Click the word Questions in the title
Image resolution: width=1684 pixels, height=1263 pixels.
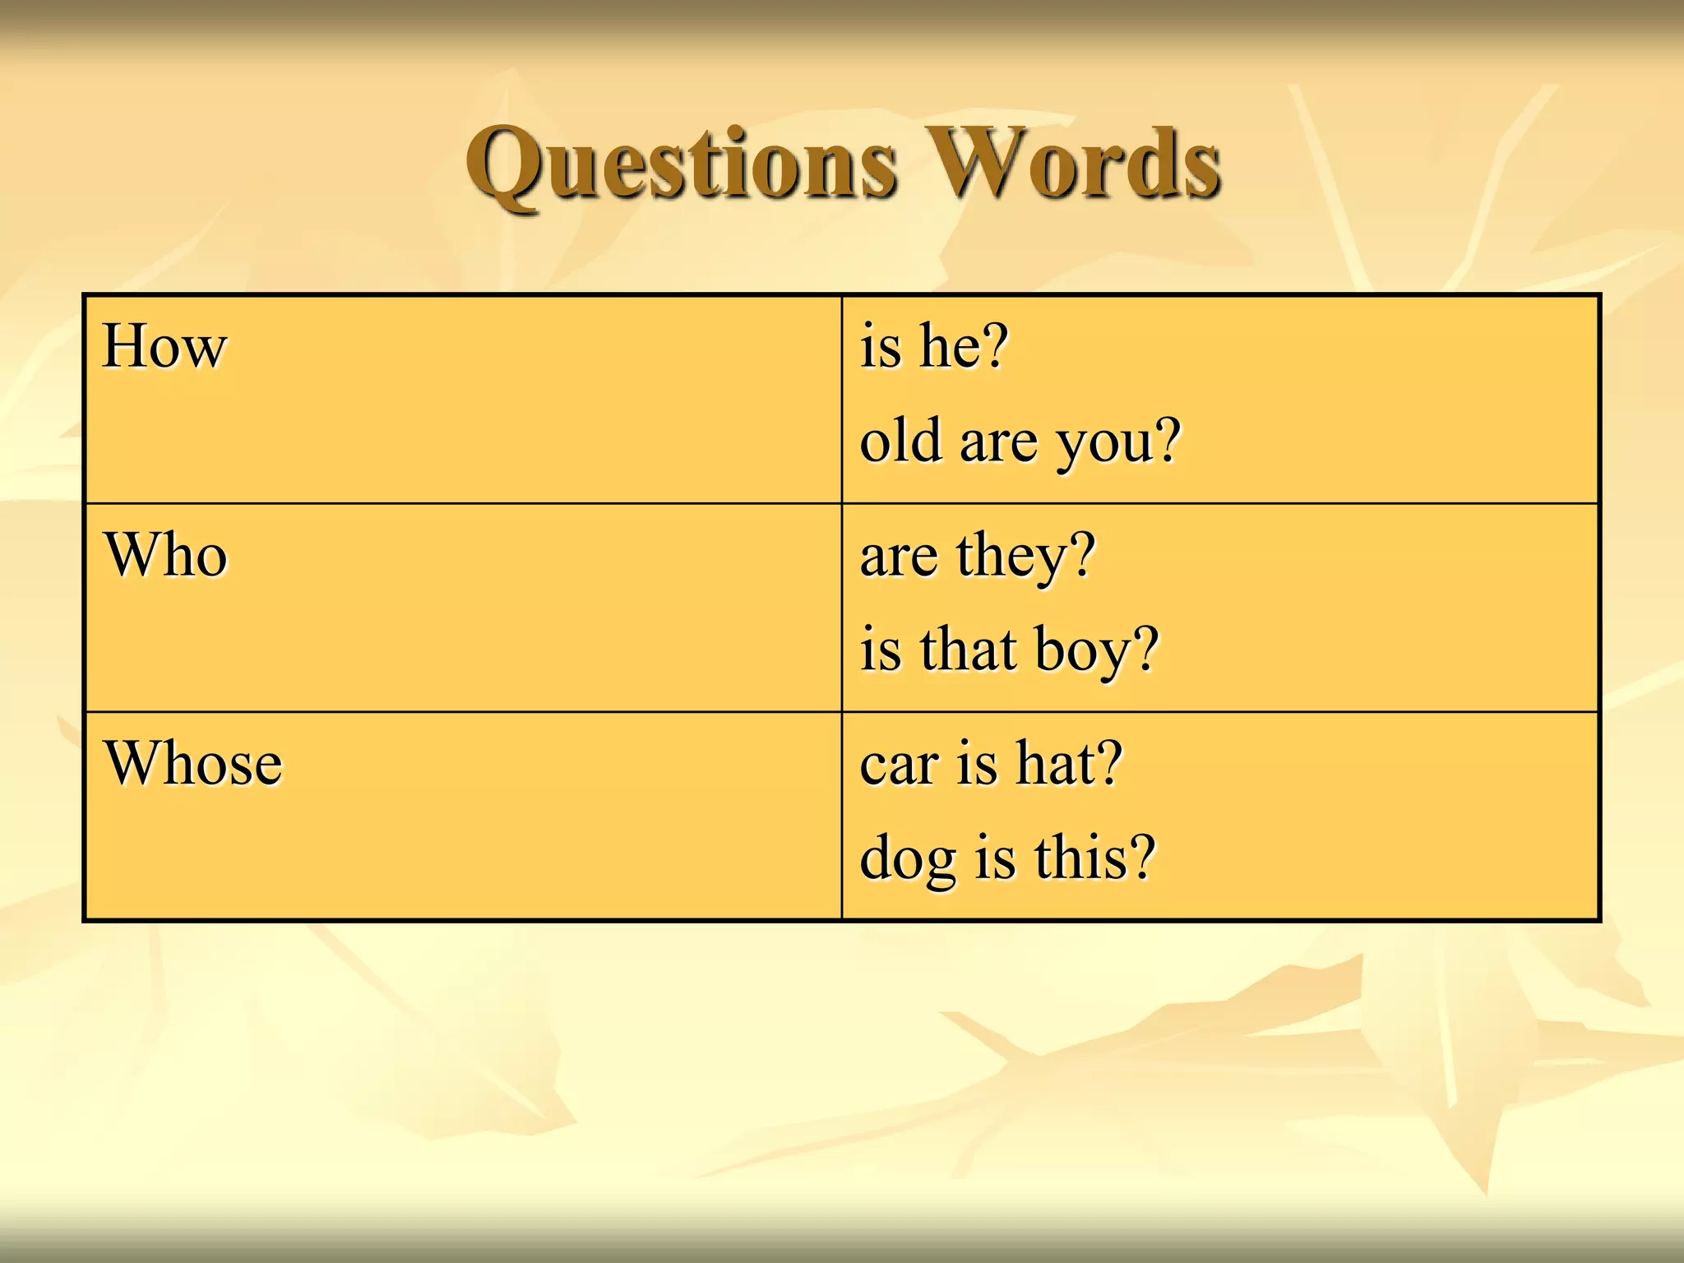(x=681, y=164)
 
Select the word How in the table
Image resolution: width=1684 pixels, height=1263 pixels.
(x=164, y=346)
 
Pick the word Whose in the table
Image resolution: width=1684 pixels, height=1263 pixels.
(x=193, y=764)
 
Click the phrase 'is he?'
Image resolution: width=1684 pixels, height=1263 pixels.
(x=933, y=346)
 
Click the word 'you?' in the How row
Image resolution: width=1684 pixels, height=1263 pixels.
(x=1118, y=442)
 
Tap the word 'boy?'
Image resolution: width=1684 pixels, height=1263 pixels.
(x=1096, y=650)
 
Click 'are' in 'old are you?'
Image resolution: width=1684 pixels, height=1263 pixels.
(x=997, y=442)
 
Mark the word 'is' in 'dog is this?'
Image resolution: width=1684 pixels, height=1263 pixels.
(x=995, y=857)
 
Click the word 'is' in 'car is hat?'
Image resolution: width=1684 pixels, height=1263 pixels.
(x=977, y=763)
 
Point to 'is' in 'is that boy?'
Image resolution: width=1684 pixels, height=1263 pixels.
(x=881, y=649)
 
